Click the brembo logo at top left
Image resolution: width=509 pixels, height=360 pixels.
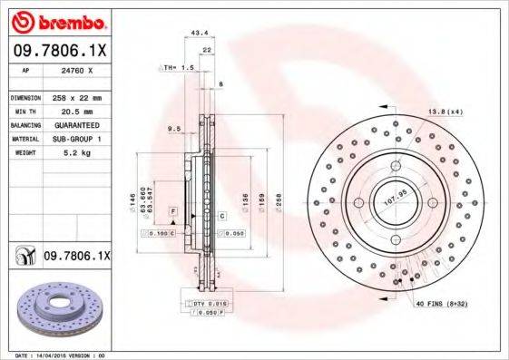[56, 20]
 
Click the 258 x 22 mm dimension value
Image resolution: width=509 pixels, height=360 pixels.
[77, 97]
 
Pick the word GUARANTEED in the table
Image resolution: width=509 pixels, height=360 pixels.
[77, 125]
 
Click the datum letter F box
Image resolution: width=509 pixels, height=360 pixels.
[171, 210]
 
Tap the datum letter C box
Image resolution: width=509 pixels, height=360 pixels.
[220, 215]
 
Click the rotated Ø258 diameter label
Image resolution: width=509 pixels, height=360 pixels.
[280, 197]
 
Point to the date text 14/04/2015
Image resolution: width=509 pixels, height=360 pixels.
[56, 355]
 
